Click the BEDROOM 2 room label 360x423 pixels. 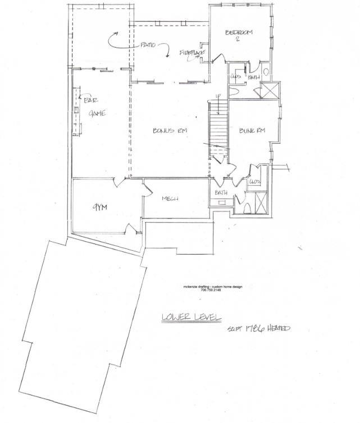click(239, 35)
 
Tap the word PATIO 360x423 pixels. click(148, 45)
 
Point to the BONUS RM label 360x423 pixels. click(170, 131)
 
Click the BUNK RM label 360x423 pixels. click(252, 131)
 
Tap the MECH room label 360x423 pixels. click(170, 199)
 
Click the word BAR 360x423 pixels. click(91, 100)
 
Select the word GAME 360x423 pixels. click(98, 113)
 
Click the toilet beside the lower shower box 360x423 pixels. click(247, 208)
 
